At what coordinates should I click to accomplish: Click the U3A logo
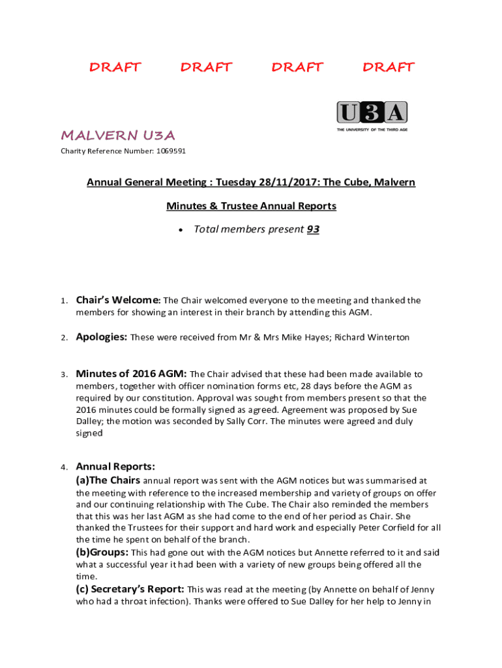(x=372, y=113)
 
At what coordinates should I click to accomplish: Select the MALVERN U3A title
(x=118, y=135)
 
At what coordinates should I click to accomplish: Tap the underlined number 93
(x=313, y=229)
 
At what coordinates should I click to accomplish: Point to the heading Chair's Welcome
(x=117, y=300)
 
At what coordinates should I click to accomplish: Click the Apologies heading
(x=101, y=337)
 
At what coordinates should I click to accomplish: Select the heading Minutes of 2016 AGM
(x=131, y=374)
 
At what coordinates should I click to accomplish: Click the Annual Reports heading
(x=115, y=466)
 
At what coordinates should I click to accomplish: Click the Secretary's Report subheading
(x=134, y=588)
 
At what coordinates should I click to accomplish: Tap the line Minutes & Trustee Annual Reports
(x=251, y=206)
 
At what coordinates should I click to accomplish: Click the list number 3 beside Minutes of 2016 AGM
(x=64, y=375)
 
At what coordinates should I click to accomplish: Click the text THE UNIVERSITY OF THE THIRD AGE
(x=372, y=130)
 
